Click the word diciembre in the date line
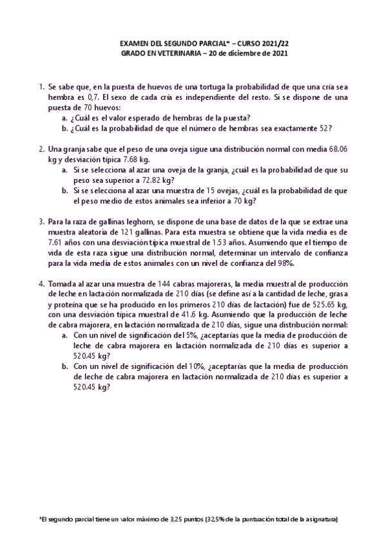pyautogui.click(x=238, y=53)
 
